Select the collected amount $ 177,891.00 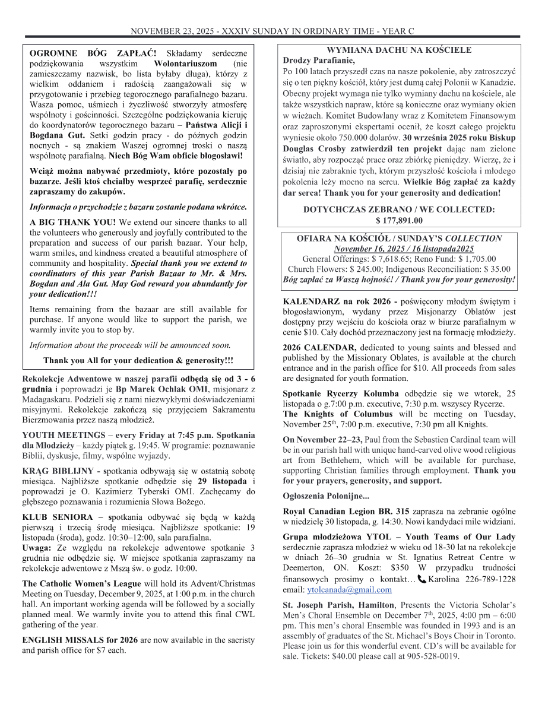(x=399, y=220)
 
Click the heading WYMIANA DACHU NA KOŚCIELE (x=399, y=50)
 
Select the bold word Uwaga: (x=37, y=547)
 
